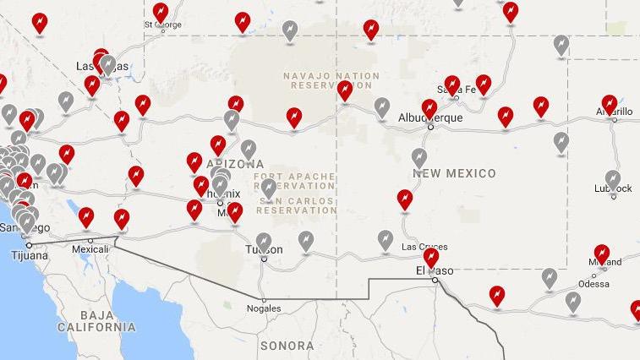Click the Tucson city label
coord(264,250)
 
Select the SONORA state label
coord(287,346)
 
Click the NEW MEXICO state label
coord(454,173)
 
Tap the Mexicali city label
coord(90,250)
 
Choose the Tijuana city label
coord(29,255)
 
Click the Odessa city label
coord(594,284)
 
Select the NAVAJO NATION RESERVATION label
coord(331,81)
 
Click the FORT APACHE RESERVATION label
coord(294,181)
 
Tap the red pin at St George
coord(161,13)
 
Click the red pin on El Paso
coord(431,256)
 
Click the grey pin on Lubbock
coord(613,179)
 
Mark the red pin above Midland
coord(601,253)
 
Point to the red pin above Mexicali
coord(85,216)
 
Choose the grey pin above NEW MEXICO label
coord(419,157)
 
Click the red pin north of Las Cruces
coord(405,199)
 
